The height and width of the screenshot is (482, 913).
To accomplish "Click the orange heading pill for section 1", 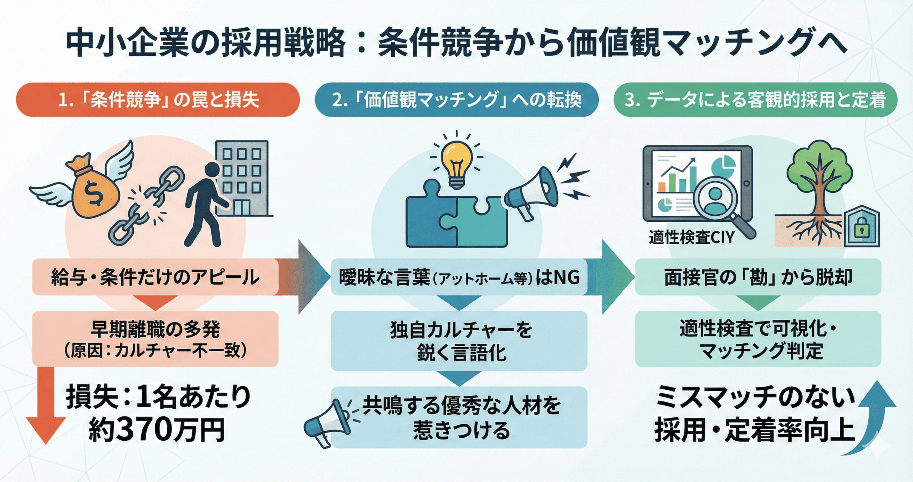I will [x=158, y=100].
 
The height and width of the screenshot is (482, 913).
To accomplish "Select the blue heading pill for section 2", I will [x=456, y=100].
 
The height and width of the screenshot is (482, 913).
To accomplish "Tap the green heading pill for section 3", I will [x=755, y=100].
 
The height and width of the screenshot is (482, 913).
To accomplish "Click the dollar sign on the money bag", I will [x=95, y=194].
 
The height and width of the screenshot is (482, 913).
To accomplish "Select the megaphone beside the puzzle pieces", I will [x=531, y=193].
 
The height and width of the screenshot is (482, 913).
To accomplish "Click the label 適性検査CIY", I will [x=691, y=237].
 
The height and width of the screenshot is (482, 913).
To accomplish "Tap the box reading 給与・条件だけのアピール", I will [x=155, y=277].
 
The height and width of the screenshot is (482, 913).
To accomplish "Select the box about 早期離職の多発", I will [x=155, y=339].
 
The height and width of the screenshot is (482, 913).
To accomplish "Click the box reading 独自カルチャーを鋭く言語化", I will [x=459, y=341].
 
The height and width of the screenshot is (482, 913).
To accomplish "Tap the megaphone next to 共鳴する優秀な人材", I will [x=326, y=424].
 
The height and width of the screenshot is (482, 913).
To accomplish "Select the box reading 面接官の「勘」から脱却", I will [x=758, y=277].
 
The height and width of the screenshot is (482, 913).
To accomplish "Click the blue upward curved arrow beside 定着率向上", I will [x=874, y=421].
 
